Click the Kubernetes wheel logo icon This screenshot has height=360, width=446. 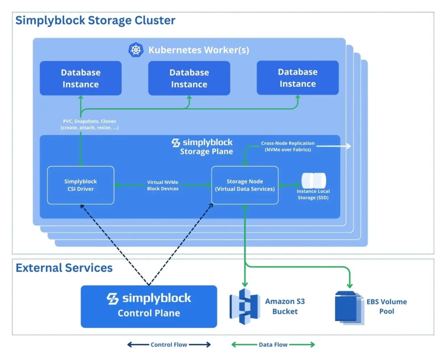click(135, 50)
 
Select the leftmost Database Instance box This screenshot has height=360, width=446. click(81, 78)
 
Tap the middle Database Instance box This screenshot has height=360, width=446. click(189, 78)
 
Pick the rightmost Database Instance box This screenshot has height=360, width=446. click(297, 78)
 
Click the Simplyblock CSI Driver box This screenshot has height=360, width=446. click(81, 185)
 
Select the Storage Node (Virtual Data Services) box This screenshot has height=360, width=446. click(245, 185)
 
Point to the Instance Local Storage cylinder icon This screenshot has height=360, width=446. click(314, 180)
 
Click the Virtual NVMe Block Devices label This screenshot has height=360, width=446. click(162, 185)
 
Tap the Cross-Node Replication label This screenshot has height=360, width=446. click(287, 146)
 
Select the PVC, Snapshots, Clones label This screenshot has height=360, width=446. click(89, 124)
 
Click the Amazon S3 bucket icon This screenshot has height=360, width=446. click(244, 306)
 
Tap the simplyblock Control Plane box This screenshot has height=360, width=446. click(149, 306)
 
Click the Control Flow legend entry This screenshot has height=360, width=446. click(169, 344)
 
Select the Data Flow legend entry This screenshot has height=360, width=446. click(273, 344)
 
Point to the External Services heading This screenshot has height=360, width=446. click(64, 268)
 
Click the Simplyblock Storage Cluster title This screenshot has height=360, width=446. click(95, 20)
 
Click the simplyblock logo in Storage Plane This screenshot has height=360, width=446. click(176, 143)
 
